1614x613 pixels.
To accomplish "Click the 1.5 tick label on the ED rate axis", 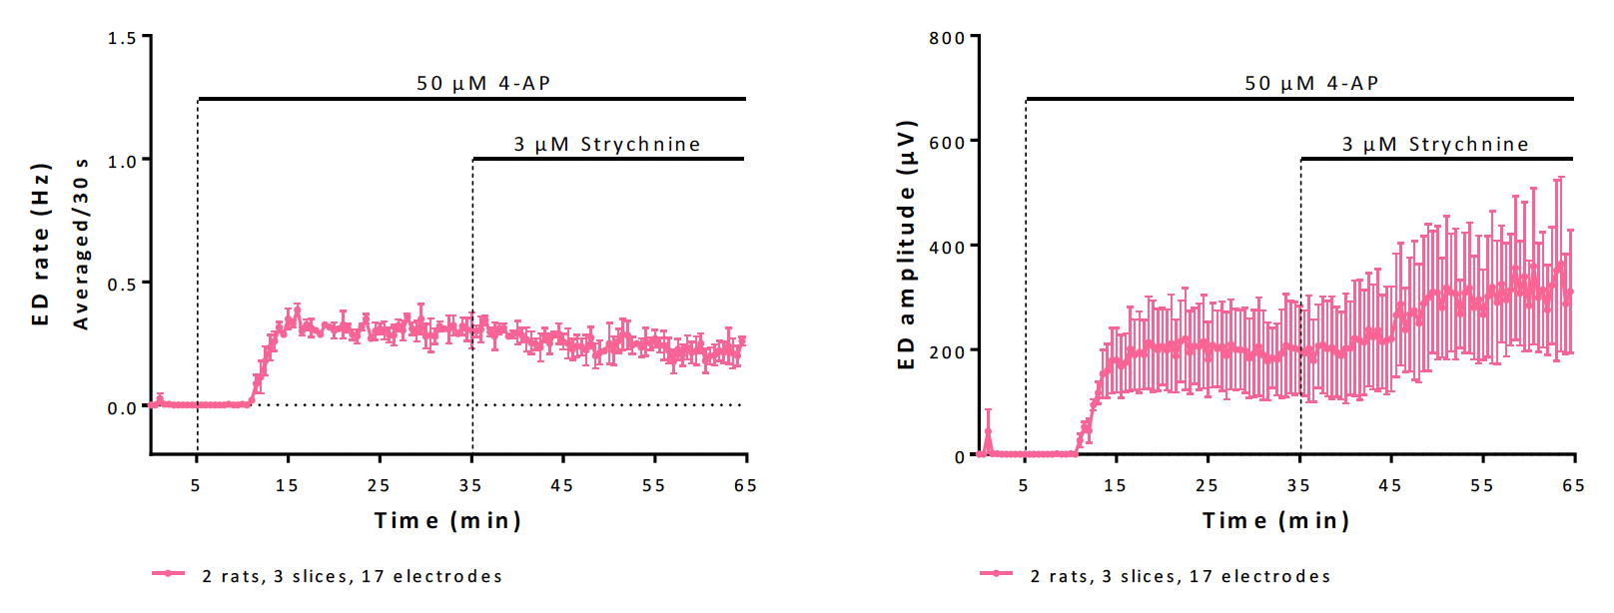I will [x=122, y=38].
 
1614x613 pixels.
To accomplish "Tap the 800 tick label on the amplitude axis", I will [x=947, y=38].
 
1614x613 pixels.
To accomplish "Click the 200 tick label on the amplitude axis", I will [x=947, y=351].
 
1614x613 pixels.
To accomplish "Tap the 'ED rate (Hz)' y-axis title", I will [x=40, y=245].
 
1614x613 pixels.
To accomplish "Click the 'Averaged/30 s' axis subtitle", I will [x=81, y=245].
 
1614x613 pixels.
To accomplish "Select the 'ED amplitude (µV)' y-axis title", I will [x=906, y=245].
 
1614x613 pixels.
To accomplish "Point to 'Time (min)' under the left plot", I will [x=447, y=520].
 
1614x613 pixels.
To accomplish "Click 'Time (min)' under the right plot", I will [x=1275, y=520].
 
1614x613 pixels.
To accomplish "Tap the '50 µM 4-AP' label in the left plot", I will [x=483, y=83].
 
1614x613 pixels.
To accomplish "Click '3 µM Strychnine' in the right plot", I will [x=1435, y=145].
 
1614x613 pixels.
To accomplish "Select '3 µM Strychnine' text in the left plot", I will [x=607, y=145].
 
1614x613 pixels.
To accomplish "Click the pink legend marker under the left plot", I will [x=168, y=573].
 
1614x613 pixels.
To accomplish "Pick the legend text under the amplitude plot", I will [x=1181, y=576].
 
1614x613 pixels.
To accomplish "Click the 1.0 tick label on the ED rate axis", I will [x=122, y=161].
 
